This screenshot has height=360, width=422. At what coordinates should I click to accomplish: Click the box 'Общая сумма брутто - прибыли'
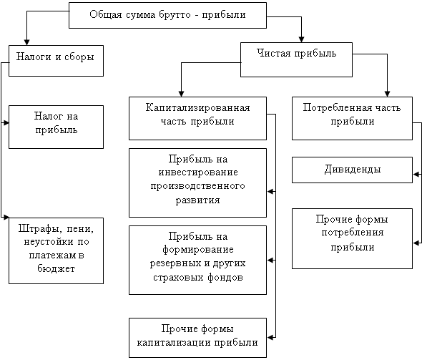(x=167, y=15)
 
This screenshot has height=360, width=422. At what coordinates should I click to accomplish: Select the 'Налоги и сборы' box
(x=56, y=61)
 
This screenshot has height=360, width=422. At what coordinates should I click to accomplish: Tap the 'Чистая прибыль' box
(x=296, y=59)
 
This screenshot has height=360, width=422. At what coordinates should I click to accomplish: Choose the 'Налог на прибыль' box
(x=56, y=127)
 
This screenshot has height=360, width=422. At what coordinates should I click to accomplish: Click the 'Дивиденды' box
(x=352, y=170)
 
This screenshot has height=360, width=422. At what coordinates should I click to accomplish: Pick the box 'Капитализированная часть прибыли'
(x=197, y=118)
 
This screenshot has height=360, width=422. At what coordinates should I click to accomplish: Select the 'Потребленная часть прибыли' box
(x=352, y=118)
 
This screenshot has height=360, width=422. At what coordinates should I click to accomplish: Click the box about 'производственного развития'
(x=197, y=183)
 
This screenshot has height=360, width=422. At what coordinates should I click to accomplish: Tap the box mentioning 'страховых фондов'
(x=197, y=260)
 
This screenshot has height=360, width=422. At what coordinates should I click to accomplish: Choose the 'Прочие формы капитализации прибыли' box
(x=197, y=338)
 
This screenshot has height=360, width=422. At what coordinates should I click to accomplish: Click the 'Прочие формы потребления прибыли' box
(x=352, y=238)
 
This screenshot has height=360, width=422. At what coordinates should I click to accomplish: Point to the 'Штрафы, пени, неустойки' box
(x=56, y=250)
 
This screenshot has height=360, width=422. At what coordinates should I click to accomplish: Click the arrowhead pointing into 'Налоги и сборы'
(x=26, y=42)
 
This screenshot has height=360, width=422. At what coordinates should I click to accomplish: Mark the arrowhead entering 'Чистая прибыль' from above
(x=301, y=39)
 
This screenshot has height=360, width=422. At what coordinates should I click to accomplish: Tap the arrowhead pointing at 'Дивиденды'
(x=416, y=174)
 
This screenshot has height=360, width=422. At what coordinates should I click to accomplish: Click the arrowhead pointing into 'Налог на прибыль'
(x=6, y=123)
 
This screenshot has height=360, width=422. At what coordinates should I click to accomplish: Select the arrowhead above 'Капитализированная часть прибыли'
(x=181, y=94)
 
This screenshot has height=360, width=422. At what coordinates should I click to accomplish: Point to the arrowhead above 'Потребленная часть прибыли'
(x=387, y=94)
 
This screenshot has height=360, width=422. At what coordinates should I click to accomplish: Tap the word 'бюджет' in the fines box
(x=56, y=268)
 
